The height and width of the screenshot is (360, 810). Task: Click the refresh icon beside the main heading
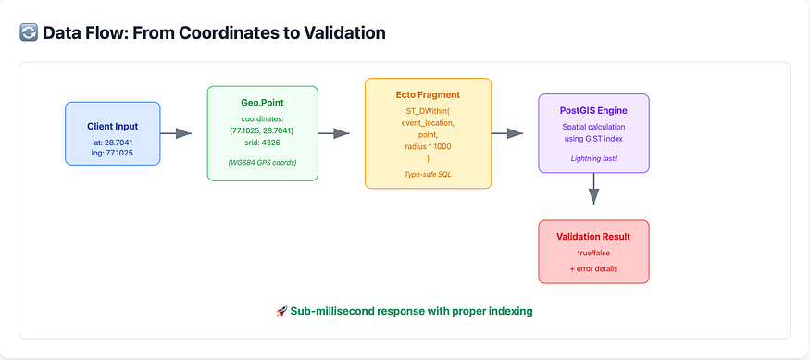click(x=29, y=33)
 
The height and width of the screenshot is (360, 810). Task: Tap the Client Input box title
click(x=113, y=126)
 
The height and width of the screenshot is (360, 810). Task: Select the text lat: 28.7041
click(x=113, y=141)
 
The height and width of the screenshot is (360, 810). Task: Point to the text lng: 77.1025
click(x=113, y=153)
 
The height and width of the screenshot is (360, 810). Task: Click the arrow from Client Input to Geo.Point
click(x=176, y=133)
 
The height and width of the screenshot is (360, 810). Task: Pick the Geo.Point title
click(x=262, y=103)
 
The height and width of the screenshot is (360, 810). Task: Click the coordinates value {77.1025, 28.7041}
click(x=262, y=130)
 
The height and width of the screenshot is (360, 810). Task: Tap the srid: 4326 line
click(x=262, y=143)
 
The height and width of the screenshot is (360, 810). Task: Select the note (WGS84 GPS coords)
click(x=262, y=162)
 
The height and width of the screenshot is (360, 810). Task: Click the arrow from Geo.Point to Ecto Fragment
click(x=333, y=133)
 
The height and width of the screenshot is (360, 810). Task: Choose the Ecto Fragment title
click(x=429, y=95)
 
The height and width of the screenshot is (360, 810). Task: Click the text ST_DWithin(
click(x=429, y=111)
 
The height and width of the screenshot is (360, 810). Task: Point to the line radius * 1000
click(x=429, y=147)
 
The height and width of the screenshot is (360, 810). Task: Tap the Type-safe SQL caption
click(x=429, y=175)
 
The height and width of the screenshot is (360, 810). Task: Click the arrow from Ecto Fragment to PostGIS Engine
click(x=507, y=133)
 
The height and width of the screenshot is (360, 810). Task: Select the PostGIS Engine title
click(x=593, y=110)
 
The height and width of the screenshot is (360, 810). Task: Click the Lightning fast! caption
click(x=593, y=158)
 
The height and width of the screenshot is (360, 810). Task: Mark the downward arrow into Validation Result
click(x=593, y=189)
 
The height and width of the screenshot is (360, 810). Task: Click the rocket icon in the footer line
click(x=281, y=312)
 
